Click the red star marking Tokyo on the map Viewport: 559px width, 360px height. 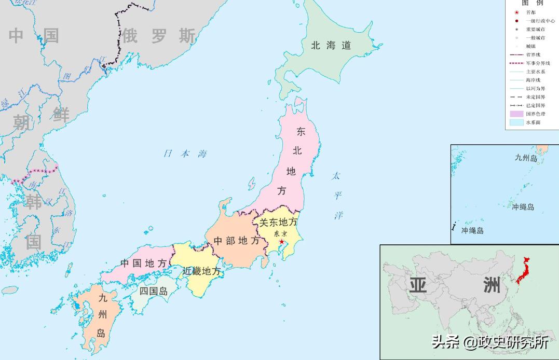click(281, 242)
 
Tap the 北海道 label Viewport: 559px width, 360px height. click(331, 46)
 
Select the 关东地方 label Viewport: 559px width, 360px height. click(278, 223)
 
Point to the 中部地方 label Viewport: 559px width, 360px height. click(236, 241)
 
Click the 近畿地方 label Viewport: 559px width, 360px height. click(201, 271)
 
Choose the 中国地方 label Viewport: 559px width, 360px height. click(143, 263)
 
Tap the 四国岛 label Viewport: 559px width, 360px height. click(153, 291)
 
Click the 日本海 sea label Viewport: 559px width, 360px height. click(185, 154)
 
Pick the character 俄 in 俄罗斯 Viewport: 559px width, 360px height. click(129, 36)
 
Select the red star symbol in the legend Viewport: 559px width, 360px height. click(517, 12)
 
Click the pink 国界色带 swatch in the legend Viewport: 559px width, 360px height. click(516, 114)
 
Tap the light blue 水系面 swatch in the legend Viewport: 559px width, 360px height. click(516, 122)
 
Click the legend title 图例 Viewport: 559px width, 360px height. click(533, 3)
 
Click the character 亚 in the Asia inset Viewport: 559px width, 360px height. click(418, 285)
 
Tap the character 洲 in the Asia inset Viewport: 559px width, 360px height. click(492, 285)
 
